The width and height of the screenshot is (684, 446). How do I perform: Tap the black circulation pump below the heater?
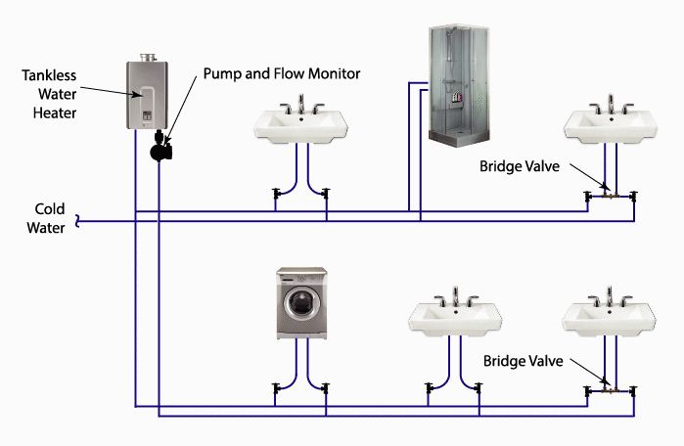click(x=160, y=151)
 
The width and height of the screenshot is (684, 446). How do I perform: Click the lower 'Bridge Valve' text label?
click(x=523, y=361)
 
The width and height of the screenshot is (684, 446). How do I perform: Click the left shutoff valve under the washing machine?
click(x=277, y=389)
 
